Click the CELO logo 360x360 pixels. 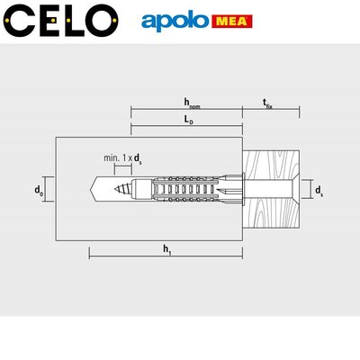pyautogui.click(x=61, y=21)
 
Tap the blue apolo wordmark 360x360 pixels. pyautogui.click(x=175, y=22)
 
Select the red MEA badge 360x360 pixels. pyautogui.click(x=232, y=22)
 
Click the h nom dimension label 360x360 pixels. pyautogui.click(x=192, y=103)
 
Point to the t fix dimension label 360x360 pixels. pyautogui.click(x=268, y=103)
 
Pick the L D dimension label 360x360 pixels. pyautogui.click(x=189, y=120)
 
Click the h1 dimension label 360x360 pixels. pyautogui.click(x=167, y=249)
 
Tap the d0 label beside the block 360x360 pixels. pyautogui.click(x=39, y=191)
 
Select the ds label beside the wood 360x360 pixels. pyautogui.click(x=319, y=191)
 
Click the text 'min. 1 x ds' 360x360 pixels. pyautogui.click(x=122, y=158)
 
